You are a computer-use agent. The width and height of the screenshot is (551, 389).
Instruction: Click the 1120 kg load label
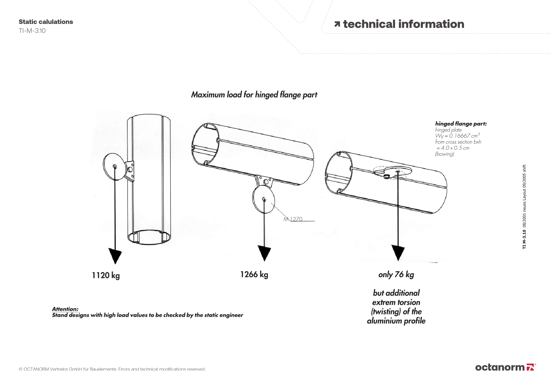click(106, 275)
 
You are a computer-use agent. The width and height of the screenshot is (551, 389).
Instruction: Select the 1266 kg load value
click(254, 274)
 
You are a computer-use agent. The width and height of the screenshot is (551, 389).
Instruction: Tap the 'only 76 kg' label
click(396, 274)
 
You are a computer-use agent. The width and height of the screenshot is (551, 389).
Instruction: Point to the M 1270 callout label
click(293, 219)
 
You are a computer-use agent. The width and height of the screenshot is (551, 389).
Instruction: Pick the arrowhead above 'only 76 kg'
click(398, 253)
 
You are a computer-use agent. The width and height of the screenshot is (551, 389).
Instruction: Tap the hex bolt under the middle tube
click(266, 182)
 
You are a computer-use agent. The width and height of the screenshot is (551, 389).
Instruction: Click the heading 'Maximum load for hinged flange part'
click(254, 95)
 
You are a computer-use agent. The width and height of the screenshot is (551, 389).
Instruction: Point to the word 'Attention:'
click(65, 309)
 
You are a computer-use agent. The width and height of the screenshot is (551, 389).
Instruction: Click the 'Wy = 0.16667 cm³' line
click(457, 135)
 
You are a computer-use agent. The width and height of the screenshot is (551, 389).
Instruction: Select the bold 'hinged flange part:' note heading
click(461, 124)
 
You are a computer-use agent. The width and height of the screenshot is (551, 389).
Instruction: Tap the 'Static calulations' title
click(46, 22)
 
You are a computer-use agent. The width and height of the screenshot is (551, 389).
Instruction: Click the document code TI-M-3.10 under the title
click(32, 31)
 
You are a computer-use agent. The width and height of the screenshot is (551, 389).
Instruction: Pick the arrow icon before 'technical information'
click(337, 24)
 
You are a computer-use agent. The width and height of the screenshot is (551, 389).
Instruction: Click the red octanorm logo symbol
click(530, 367)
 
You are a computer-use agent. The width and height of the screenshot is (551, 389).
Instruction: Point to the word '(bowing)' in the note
click(444, 154)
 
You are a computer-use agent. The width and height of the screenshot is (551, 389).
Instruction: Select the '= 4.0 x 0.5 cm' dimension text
click(453, 148)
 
